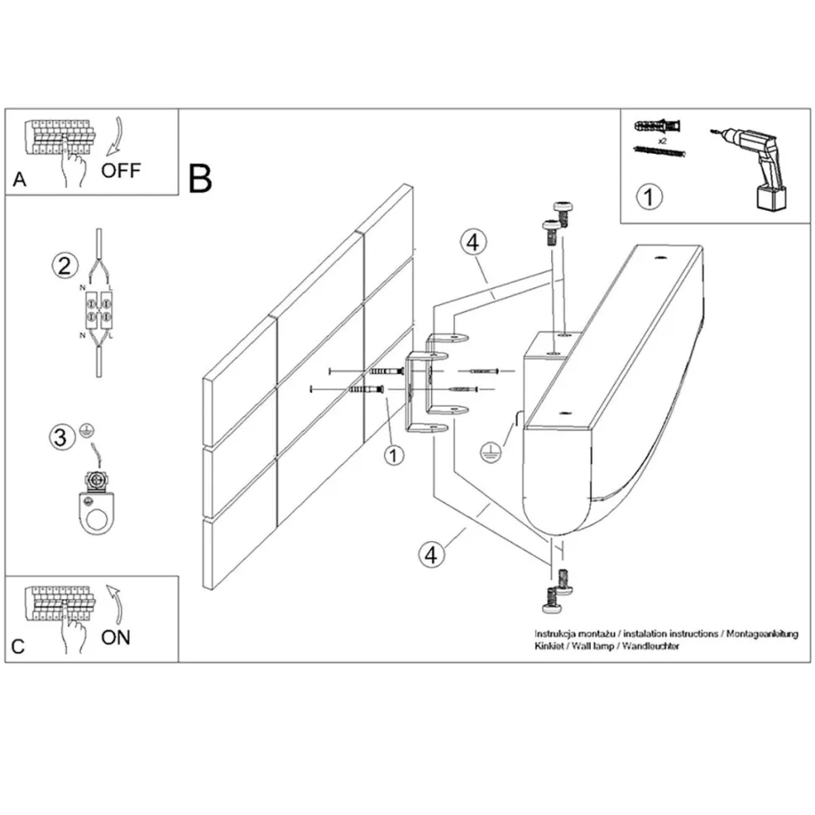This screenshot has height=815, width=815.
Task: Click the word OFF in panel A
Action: click(121, 171)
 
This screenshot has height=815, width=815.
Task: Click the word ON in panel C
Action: click(116, 637)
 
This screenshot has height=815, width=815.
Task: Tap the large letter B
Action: click(200, 178)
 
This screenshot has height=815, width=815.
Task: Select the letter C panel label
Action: click(18, 647)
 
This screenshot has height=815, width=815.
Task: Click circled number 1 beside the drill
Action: click(648, 197)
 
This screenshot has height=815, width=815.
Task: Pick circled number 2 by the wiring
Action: click(62, 267)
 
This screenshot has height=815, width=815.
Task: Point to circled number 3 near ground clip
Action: click(60, 437)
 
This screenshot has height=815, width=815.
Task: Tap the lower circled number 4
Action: click(431, 554)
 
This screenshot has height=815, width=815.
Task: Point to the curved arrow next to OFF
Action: click(115, 137)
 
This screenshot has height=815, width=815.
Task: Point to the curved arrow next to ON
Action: click(113, 602)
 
